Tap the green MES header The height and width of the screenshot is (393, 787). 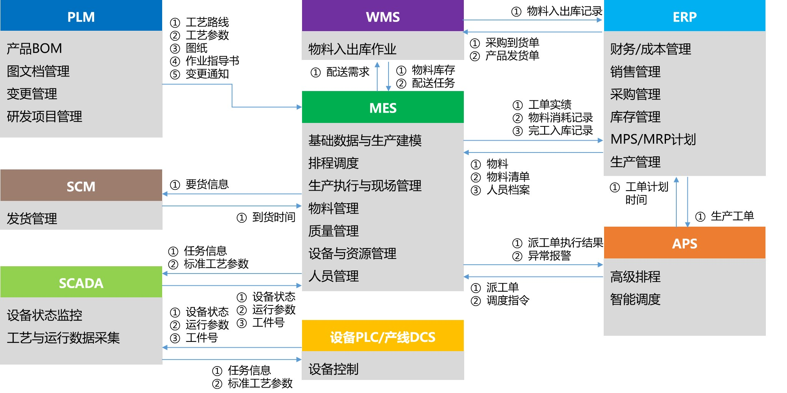pyautogui.click(x=383, y=108)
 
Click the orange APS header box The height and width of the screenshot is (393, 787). pyautogui.click(x=684, y=243)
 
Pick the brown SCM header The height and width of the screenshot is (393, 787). pyautogui.click(x=81, y=186)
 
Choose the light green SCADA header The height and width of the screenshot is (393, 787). pyautogui.click(x=81, y=283)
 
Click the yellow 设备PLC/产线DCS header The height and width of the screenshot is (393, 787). pyautogui.click(x=383, y=337)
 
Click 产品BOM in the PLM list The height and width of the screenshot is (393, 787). pyautogui.click(x=35, y=48)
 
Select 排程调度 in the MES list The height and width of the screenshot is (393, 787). pyautogui.click(x=334, y=163)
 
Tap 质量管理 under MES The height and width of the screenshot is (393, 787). pyautogui.click(x=334, y=231)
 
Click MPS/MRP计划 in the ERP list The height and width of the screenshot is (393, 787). pyautogui.click(x=653, y=139)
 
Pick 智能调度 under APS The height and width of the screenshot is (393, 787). pyautogui.click(x=635, y=299)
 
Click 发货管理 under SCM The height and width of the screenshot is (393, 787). pyautogui.click(x=32, y=218)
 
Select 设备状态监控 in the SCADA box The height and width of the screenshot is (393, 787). pyautogui.click(x=45, y=315)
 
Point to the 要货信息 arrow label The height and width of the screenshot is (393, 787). pyautogui.click(x=207, y=184)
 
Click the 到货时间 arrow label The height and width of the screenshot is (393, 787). pyautogui.click(x=274, y=217)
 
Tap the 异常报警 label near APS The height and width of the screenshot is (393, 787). pyautogui.click(x=549, y=255)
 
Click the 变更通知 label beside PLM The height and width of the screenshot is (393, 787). pyautogui.click(x=207, y=74)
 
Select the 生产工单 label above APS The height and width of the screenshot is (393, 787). pyautogui.click(x=732, y=216)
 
